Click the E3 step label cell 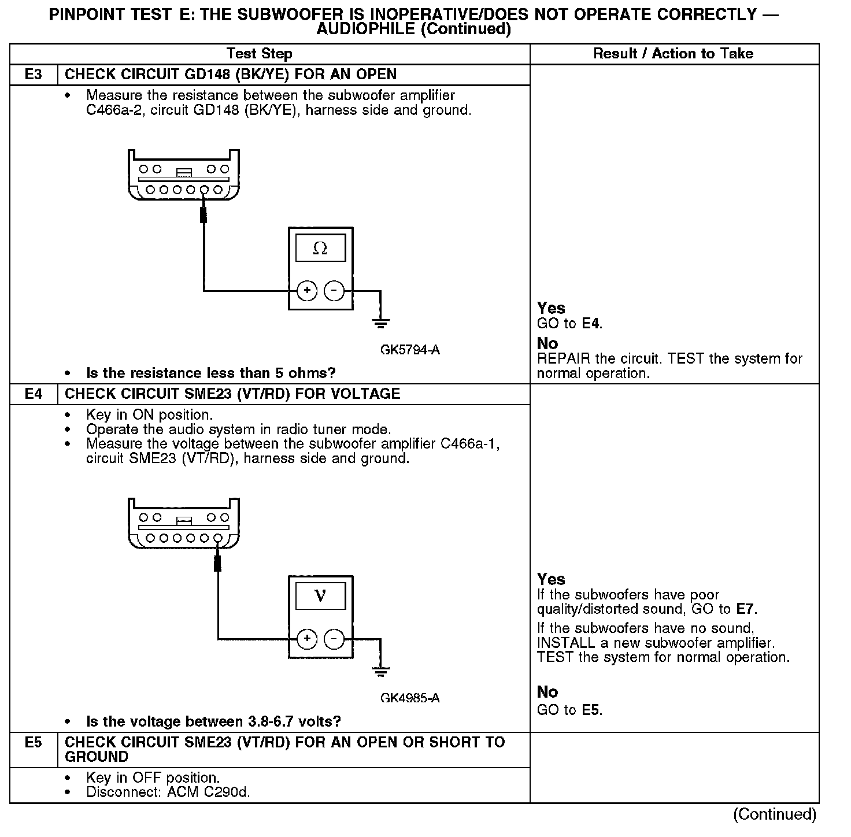[34, 75]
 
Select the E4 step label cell [34, 394]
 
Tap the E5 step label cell [34, 743]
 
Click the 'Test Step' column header [260, 54]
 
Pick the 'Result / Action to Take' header [673, 54]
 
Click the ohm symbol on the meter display [320, 249]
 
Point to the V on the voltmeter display [320, 596]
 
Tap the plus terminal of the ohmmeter [307, 291]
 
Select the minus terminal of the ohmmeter [334, 291]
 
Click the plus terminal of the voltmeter [307, 639]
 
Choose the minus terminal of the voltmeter [334, 639]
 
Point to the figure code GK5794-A [410, 350]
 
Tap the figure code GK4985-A [410, 698]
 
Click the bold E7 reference [746, 609]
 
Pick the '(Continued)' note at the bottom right [775, 814]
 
